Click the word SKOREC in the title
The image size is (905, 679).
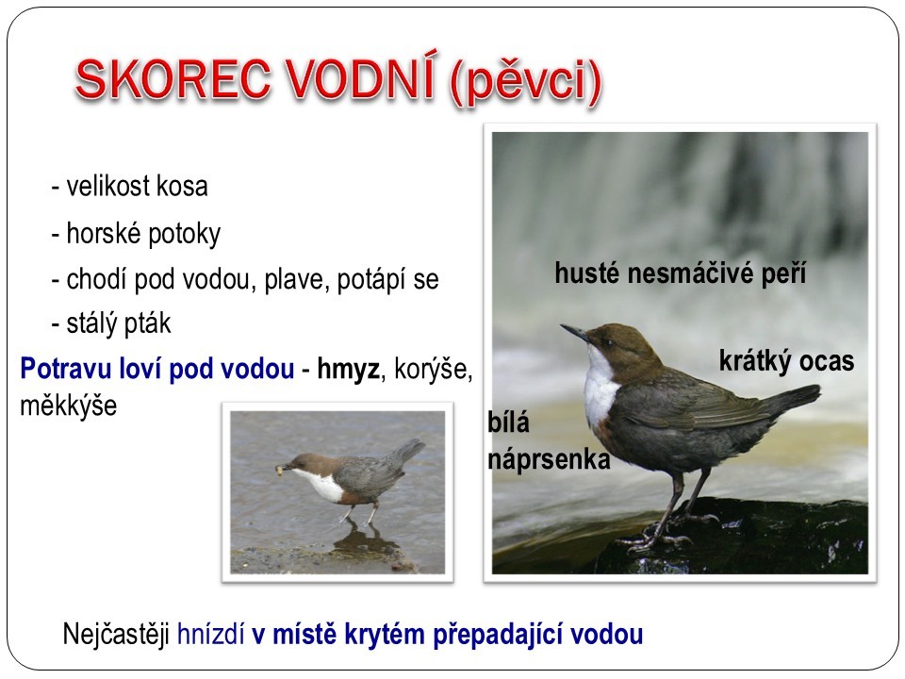pos(173,79)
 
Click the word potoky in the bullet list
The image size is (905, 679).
pos(185,234)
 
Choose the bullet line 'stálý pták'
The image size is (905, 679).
pos(111,323)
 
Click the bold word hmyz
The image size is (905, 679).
pos(349,369)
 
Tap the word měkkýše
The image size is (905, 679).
pos(69,405)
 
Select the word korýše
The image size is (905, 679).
pos(433,370)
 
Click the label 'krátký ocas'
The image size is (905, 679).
pos(786,361)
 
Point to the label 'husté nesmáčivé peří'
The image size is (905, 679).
pos(680,273)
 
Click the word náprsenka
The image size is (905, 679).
pos(549,460)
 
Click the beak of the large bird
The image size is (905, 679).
pos(575,333)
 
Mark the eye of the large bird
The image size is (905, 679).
pos(608,343)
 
